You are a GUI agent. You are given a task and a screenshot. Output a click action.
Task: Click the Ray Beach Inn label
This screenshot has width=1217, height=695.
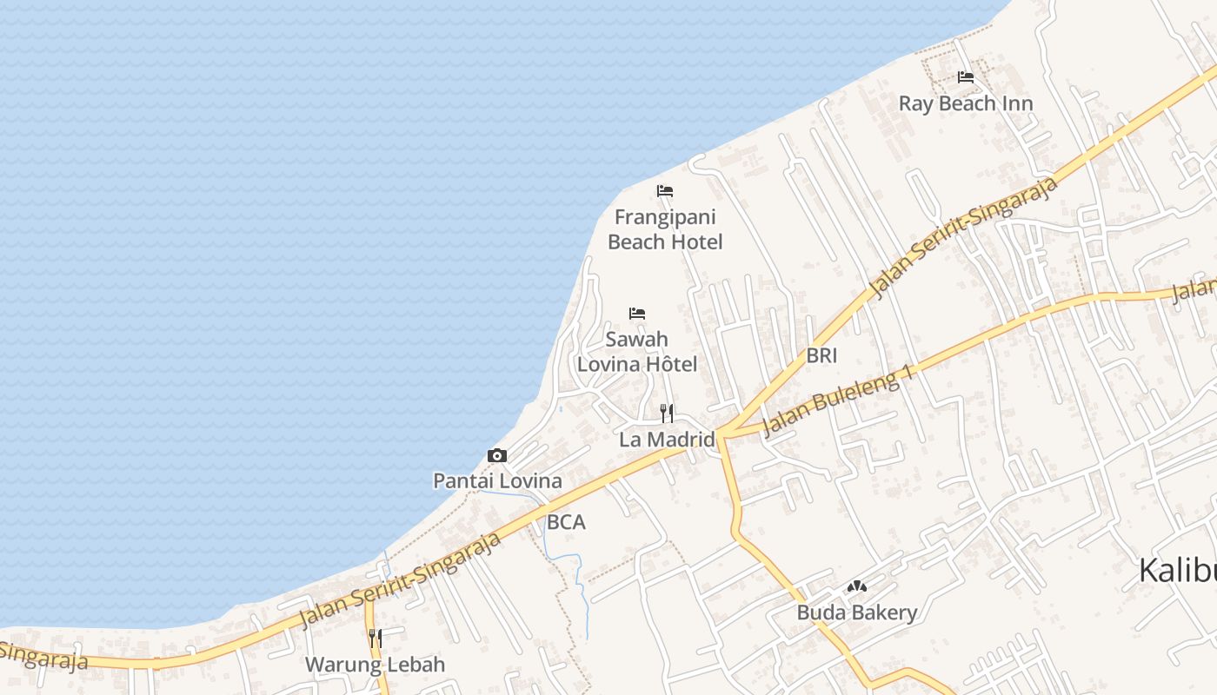pyautogui.click(x=966, y=103)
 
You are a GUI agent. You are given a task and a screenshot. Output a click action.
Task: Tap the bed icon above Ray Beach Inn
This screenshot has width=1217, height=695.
pyautogui.click(x=965, y=77)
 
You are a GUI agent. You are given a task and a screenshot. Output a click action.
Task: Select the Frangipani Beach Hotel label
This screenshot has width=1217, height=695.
pyautogui.click(x=665, y=229)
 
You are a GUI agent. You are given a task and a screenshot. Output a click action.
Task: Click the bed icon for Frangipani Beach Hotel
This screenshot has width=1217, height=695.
pyautogui.click(x=665, y=191)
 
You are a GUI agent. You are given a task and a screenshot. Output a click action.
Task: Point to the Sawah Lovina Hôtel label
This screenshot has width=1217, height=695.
pyautogui.click(x=637, y=352)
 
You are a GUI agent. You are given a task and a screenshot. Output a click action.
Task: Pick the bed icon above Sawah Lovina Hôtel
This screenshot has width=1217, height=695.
pyautogui.click(x=637, y=314)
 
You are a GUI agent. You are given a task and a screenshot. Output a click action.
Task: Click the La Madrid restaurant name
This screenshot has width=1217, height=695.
pyautogui.click(x=667, y=440)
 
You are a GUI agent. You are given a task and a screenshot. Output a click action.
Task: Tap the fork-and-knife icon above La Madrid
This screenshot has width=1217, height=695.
pyautogui.click(x=667, y=413)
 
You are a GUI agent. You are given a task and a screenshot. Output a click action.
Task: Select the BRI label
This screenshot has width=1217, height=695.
pyautogui.click(x=821, y=354)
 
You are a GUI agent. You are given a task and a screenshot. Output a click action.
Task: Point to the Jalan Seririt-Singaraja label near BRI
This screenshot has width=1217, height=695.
pyautogui.click(x=965, y=236)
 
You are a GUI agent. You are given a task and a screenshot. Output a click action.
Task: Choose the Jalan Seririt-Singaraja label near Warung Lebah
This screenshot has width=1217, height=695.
pyautogui.click(x=401, y=579)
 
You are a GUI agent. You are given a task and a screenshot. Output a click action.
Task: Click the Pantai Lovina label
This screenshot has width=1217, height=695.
pyautogui.click(x=497, y=480)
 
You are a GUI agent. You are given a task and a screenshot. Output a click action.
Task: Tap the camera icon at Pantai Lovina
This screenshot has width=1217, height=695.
pyautogui.click(x=497, y=455)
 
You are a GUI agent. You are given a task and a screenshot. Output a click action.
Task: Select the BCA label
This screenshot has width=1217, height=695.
pyautogui.click(x=566, y=522)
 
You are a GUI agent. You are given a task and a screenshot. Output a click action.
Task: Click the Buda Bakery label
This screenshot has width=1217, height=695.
pyautogui.click(x=857, y=612)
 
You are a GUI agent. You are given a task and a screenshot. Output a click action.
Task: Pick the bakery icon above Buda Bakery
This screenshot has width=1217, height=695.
pyautogui.click(x=857, y=586)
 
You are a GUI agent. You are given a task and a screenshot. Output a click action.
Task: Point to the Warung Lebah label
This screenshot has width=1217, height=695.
pyautogui.click(x=375, y=665)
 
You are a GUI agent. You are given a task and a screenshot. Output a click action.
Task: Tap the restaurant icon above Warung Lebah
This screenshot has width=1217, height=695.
pyautogui.click(x=375, y=639)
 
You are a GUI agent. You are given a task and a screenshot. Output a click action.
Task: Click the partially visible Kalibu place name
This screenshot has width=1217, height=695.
pyautogui.click(x=1177, y=571)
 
